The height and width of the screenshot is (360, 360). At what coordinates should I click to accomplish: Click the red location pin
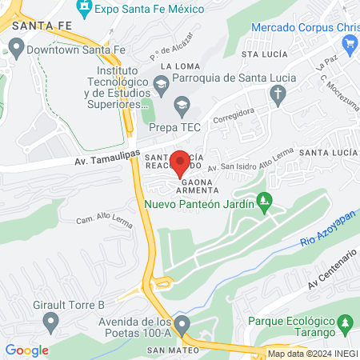point(180,162)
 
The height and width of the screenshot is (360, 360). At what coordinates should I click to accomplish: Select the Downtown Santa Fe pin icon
point(14,49)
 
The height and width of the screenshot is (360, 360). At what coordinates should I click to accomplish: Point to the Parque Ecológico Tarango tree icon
point(346,322)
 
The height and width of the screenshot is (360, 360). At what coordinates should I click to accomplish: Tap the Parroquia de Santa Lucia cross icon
point(278,95)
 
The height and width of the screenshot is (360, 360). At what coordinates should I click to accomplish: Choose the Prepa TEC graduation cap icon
point(182,102)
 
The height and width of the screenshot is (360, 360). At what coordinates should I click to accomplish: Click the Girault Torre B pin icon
point(51,322)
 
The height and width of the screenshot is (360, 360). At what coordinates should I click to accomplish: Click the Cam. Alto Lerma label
point(103,216)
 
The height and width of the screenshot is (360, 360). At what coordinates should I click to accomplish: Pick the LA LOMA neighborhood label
point(178,66)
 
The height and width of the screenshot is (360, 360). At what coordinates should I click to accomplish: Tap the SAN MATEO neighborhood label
point(167,350)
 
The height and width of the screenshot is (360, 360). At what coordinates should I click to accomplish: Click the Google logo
point(27,350)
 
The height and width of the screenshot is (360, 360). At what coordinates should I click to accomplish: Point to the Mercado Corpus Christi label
point(305,27)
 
